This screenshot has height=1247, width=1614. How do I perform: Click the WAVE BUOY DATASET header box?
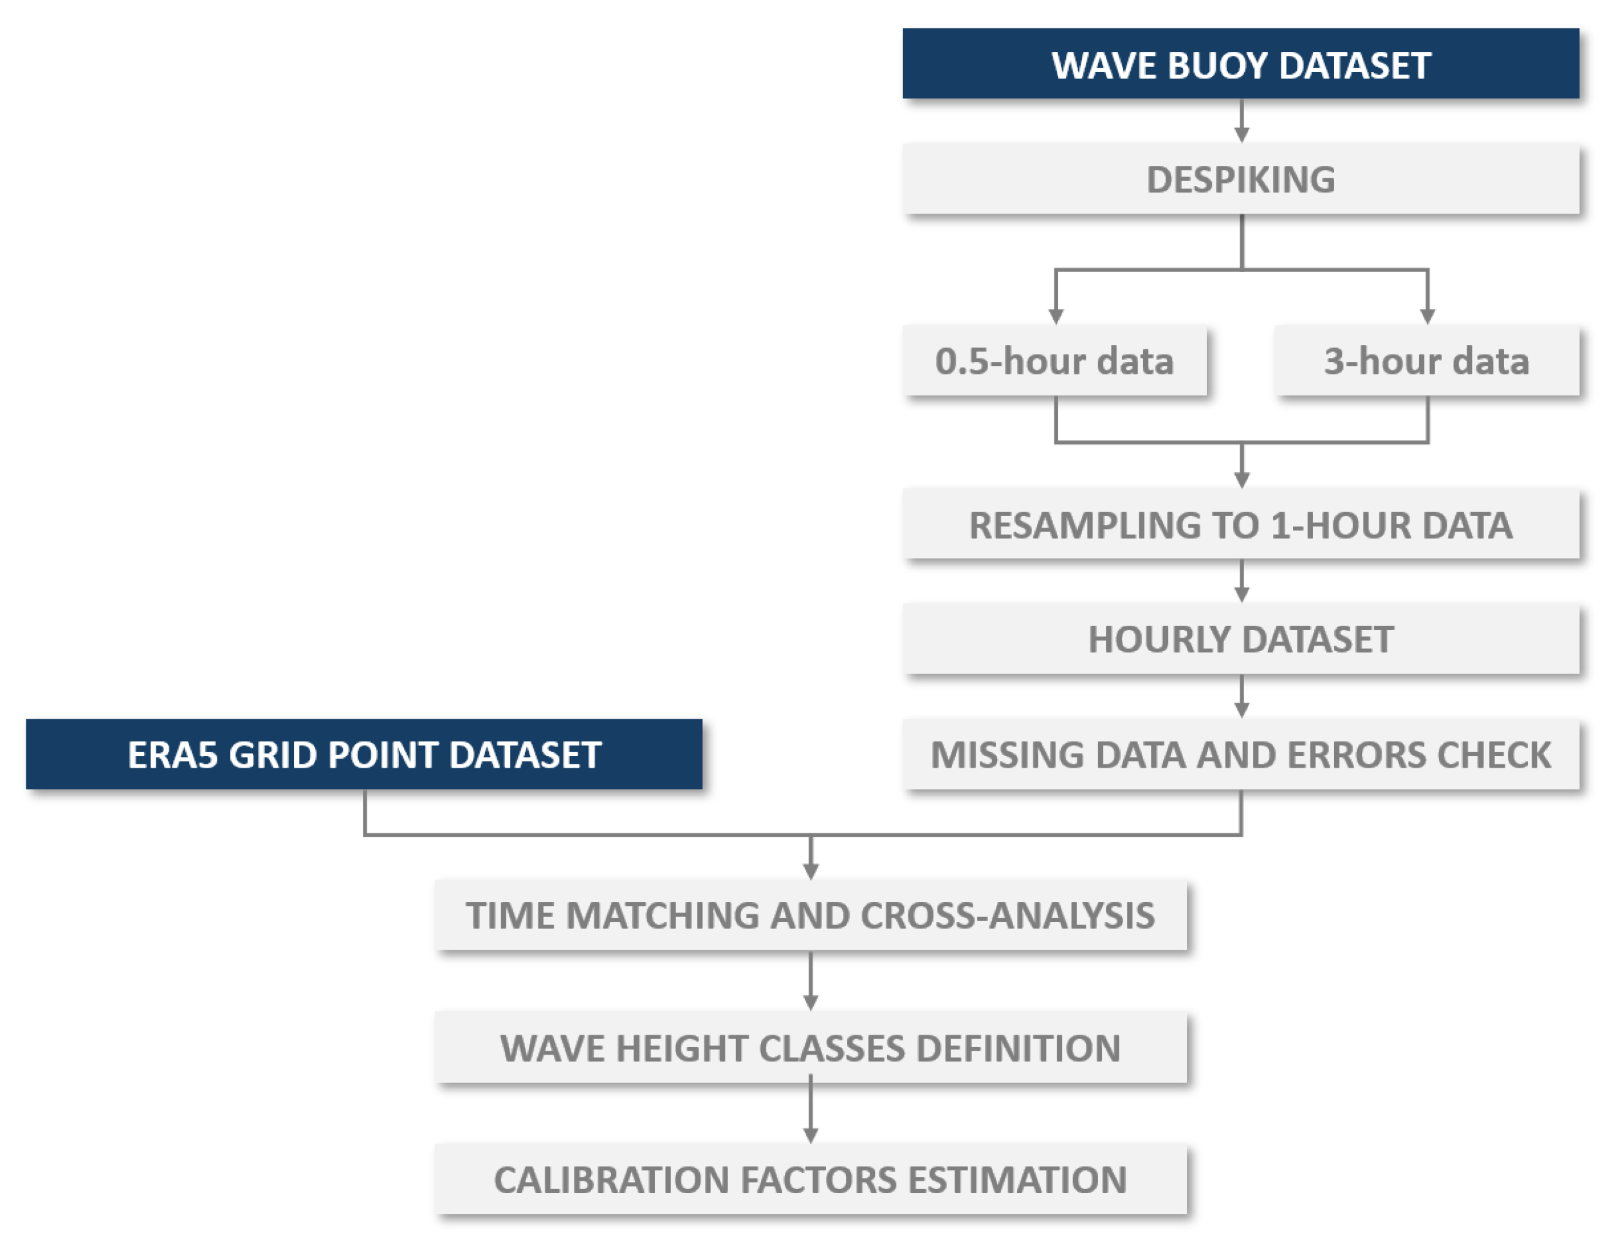[1240, 64]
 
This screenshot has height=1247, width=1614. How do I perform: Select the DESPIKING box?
[1240, 179]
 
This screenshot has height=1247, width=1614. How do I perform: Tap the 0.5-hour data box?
[1054, 361]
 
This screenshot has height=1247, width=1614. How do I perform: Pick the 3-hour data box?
[1426, 361]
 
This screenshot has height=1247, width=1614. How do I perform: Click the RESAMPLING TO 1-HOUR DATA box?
[1240, 525]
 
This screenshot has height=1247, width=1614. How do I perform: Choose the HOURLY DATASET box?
[1240, 640]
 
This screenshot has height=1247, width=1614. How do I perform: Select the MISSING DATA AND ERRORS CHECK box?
[1240, 755]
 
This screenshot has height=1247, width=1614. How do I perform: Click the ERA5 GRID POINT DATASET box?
[363, 755]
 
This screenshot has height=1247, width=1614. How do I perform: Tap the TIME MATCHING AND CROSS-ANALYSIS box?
[810, 915]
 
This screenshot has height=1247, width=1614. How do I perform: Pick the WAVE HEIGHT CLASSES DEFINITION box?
[810, 1048]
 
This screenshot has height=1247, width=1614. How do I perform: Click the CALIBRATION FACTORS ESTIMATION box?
[810, 1179]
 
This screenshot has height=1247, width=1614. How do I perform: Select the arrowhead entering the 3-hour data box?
[1427, 316]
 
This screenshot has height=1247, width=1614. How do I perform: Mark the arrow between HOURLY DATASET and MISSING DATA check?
[1242, 696]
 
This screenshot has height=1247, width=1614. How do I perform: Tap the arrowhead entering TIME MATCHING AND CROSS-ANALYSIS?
[811, 870]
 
